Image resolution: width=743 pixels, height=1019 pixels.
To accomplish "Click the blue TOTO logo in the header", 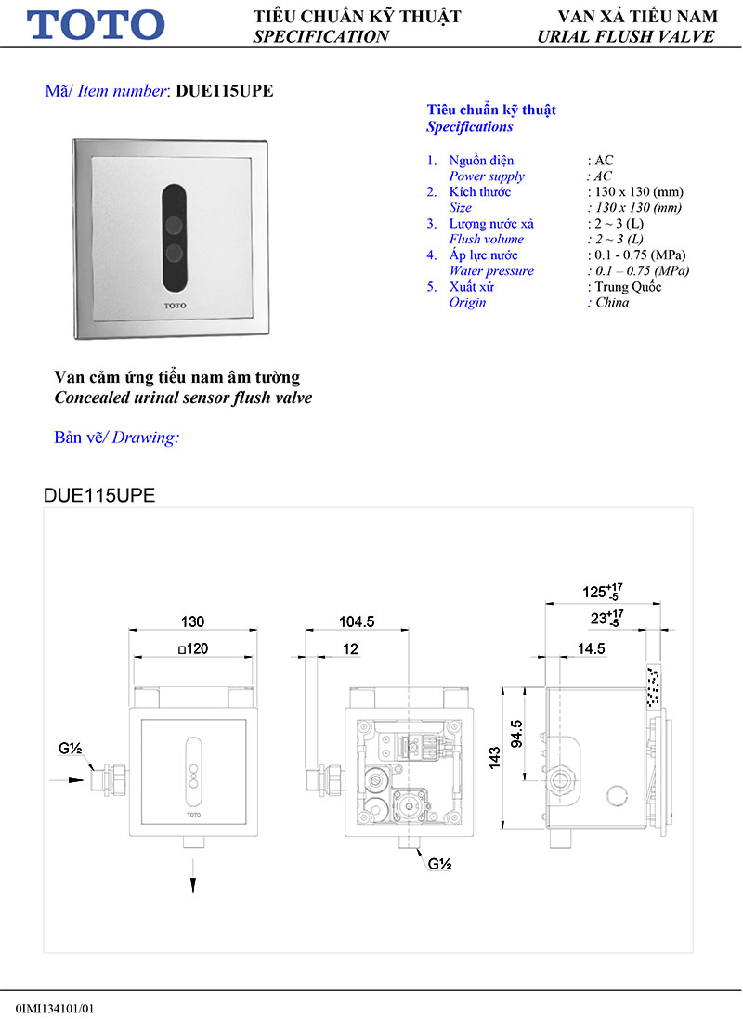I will tap(96, 24).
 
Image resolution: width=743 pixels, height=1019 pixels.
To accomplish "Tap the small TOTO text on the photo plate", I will tap(175, 305).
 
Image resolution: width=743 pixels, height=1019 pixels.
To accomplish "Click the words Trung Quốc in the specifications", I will tap(628, 287).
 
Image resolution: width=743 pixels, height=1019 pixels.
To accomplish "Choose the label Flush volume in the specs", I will tap(486, 240).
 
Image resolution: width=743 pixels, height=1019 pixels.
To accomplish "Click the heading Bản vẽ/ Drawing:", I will tap(117, 437).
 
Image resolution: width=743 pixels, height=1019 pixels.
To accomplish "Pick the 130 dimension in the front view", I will tap(192, 621).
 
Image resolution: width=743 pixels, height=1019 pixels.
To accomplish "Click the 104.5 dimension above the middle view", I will tap(357, 621).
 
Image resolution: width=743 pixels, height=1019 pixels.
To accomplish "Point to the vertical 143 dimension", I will tap(495, 758).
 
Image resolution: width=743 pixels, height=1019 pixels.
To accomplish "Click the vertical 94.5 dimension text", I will tap(517, 734).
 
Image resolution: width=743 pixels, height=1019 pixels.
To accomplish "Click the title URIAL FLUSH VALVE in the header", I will tap(625, 36).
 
